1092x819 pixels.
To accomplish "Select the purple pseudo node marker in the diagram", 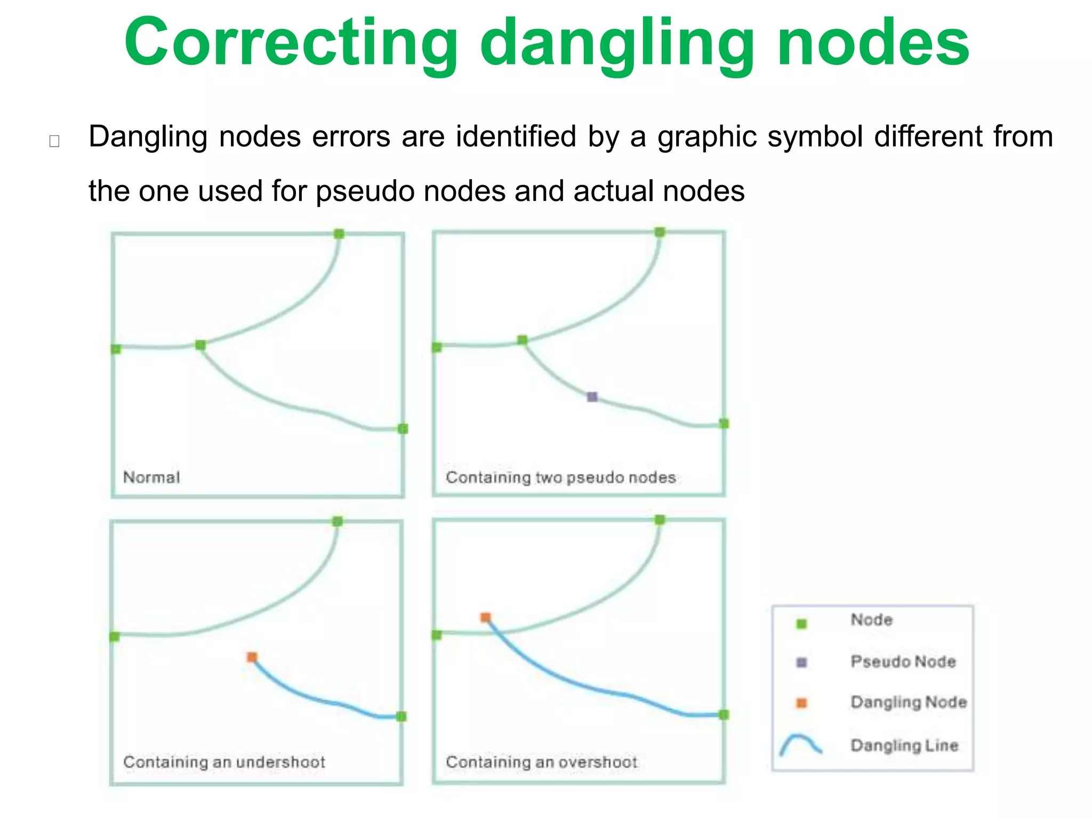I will coord(592,397).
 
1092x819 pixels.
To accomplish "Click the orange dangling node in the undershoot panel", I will coord(252,657).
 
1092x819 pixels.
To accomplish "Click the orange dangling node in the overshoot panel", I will coord(485,617).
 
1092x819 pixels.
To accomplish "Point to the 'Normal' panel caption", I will coord(151,477).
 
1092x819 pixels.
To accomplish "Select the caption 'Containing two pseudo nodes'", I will coord(560,477).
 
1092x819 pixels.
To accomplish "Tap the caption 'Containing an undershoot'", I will coord(224,762).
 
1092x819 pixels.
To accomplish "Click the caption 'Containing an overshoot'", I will coord(541,762).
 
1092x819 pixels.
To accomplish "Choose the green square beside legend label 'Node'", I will coord(801,624).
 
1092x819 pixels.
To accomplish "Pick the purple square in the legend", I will coord(801,663).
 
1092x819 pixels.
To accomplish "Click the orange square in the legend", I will coord(801,703).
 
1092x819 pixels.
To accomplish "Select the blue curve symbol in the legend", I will coord(800,744).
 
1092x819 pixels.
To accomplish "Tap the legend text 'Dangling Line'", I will coord(904,745).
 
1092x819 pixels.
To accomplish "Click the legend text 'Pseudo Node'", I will coord(903,662).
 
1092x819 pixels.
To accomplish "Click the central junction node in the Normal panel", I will coord(200,345).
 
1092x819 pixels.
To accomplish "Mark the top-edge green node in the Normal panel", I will coord(339,234).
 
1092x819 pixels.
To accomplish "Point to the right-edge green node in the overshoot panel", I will coord(724,714).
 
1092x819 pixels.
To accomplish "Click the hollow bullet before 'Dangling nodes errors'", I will coord(54,141).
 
